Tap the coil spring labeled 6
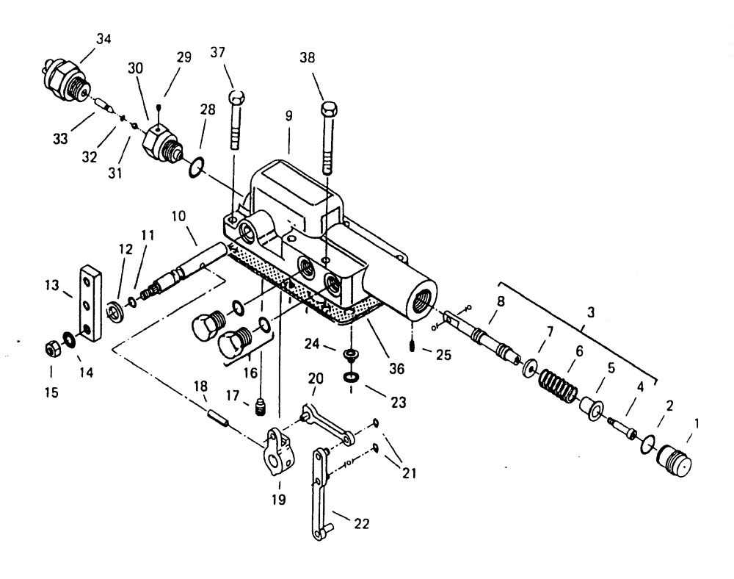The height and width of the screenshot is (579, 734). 559,381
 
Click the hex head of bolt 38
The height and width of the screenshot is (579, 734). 328,109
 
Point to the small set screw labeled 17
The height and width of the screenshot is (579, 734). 258,405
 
